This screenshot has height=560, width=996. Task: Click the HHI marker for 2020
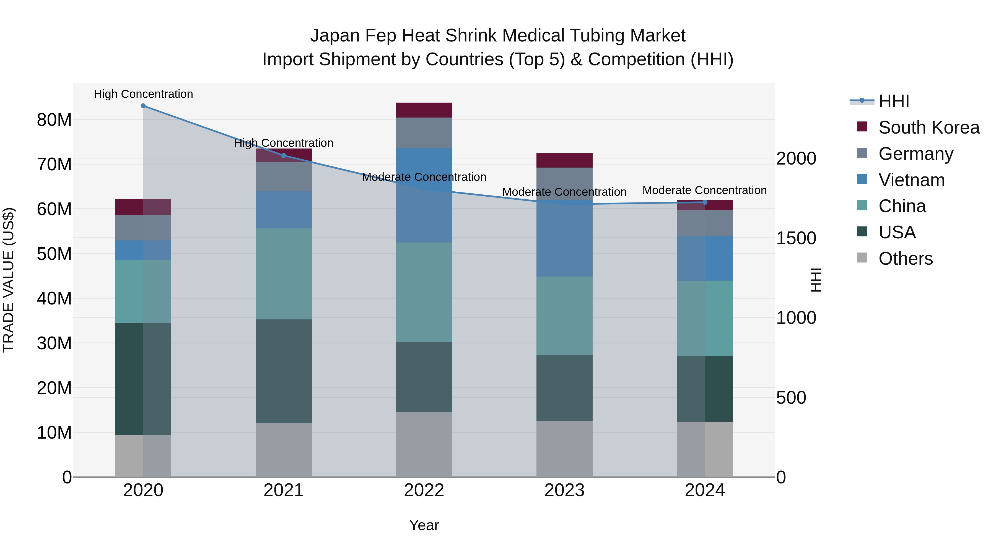[143, 106]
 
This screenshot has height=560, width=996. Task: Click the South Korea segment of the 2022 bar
[424, 110]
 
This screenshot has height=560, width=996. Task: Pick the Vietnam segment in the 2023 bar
[564, 239]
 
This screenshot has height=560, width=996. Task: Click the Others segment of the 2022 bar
[424, 444]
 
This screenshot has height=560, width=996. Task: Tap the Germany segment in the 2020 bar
[143, 228]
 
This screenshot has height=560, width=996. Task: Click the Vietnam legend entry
[911, 180]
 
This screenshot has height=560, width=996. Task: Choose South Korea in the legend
[929, 127]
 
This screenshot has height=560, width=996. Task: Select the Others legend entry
[905, 259]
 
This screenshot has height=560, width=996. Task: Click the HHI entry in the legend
[894, 101]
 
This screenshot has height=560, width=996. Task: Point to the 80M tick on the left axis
[54, 120]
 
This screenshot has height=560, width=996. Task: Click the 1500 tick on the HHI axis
[796, 238]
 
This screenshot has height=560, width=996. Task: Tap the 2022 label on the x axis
[424, 490]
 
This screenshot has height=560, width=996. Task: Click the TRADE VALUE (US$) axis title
[9, 280]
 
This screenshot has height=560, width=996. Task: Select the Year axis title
[424, 525]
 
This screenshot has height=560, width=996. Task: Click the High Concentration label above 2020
[143, 94]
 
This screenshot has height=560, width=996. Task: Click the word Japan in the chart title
[335, 36]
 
